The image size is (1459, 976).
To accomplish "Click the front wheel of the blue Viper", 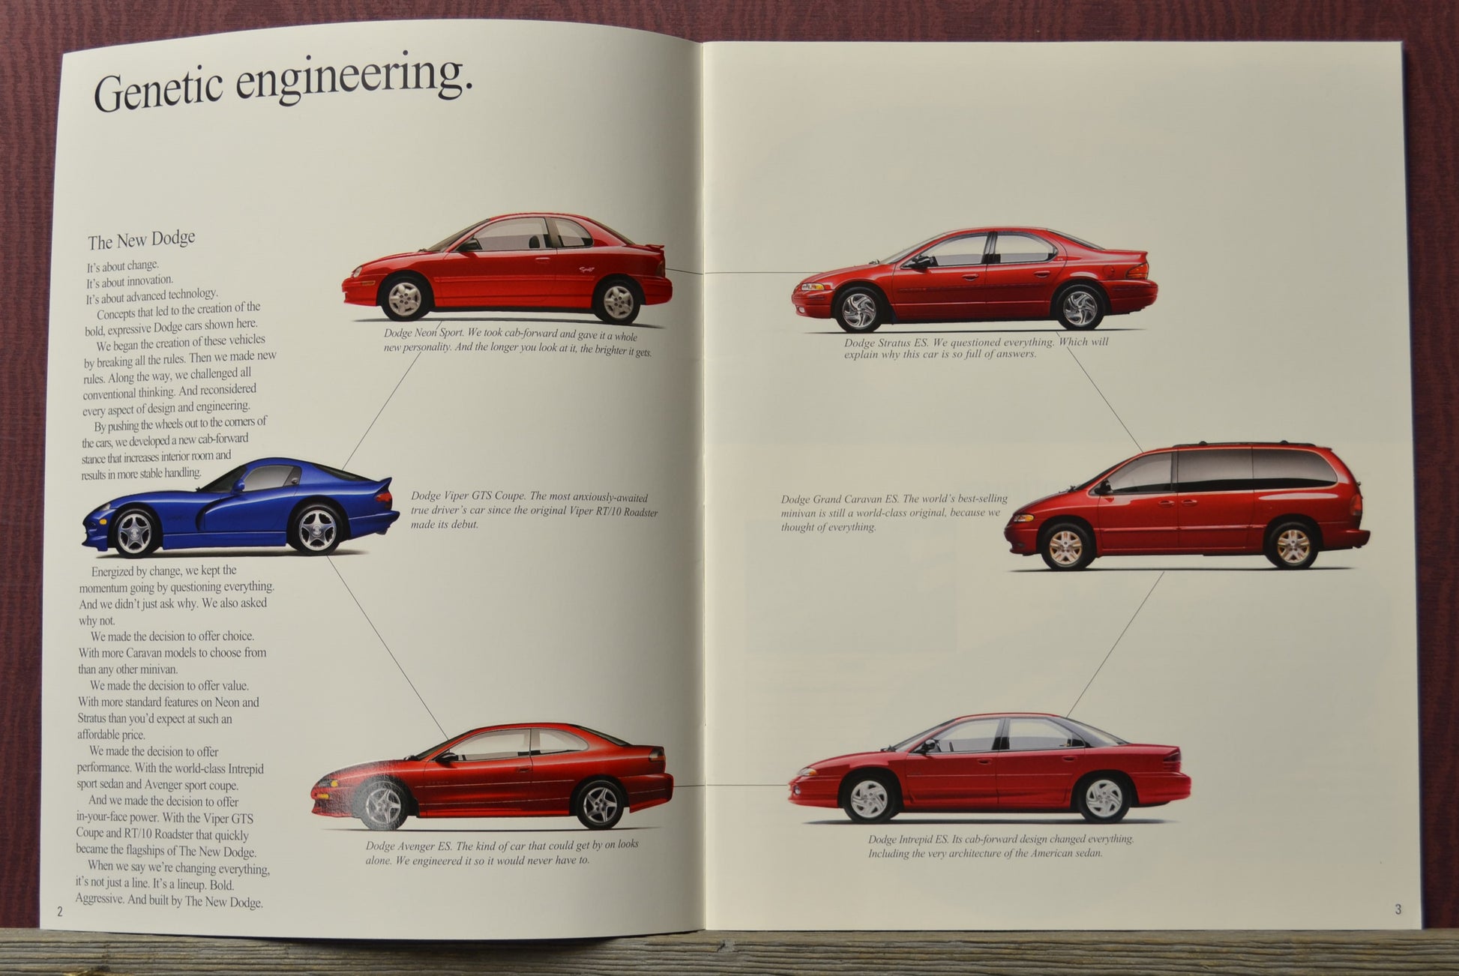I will point(135,531).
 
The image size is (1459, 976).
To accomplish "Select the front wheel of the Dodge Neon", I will point(406,297).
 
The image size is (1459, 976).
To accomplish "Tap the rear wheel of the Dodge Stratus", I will point(1080,307).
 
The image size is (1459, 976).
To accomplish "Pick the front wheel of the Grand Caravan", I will point(1066,547).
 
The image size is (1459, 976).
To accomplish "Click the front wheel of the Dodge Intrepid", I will point(870,798).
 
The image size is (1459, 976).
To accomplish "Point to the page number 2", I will point(60,912).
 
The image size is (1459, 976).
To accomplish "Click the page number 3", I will point(1398,909).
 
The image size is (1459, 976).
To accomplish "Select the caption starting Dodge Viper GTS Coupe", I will point(534,510).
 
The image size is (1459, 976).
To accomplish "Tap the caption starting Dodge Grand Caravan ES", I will point(893,513).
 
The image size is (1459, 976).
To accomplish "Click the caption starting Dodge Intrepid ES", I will point(1000,846).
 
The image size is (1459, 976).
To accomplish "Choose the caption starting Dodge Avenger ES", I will point(502,852).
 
